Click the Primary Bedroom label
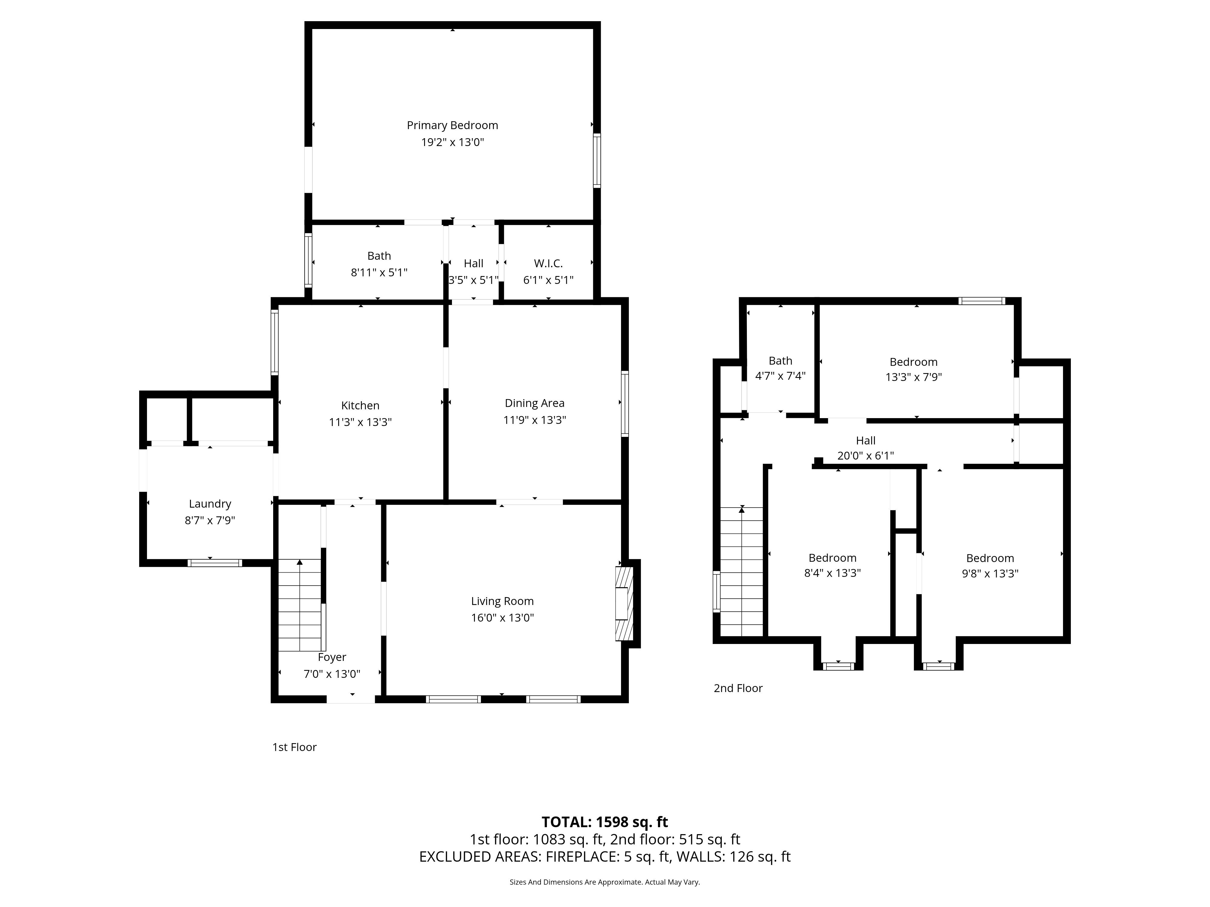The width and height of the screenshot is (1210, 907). pos(452,125)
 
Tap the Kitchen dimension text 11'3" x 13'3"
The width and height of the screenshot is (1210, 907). pos(361,422)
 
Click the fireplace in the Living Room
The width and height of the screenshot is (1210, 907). pos(624,603)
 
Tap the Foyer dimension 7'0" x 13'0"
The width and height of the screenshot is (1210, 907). pos(332,674)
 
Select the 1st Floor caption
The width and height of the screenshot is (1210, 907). pos(294,747)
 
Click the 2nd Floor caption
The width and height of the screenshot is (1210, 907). pos(738,688)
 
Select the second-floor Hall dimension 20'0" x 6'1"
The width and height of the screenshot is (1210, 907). pos(865,455)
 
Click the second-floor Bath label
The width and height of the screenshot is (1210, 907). pos(780,361)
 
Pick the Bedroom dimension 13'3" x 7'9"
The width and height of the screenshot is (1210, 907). pos(914,377)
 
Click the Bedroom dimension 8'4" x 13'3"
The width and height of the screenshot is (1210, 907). pos(832,573)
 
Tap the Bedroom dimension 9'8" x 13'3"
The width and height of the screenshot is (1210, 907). pos(990,574)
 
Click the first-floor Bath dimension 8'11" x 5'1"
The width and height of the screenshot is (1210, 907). pos(379,272)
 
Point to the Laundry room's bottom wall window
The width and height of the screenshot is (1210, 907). pos(214,563)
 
